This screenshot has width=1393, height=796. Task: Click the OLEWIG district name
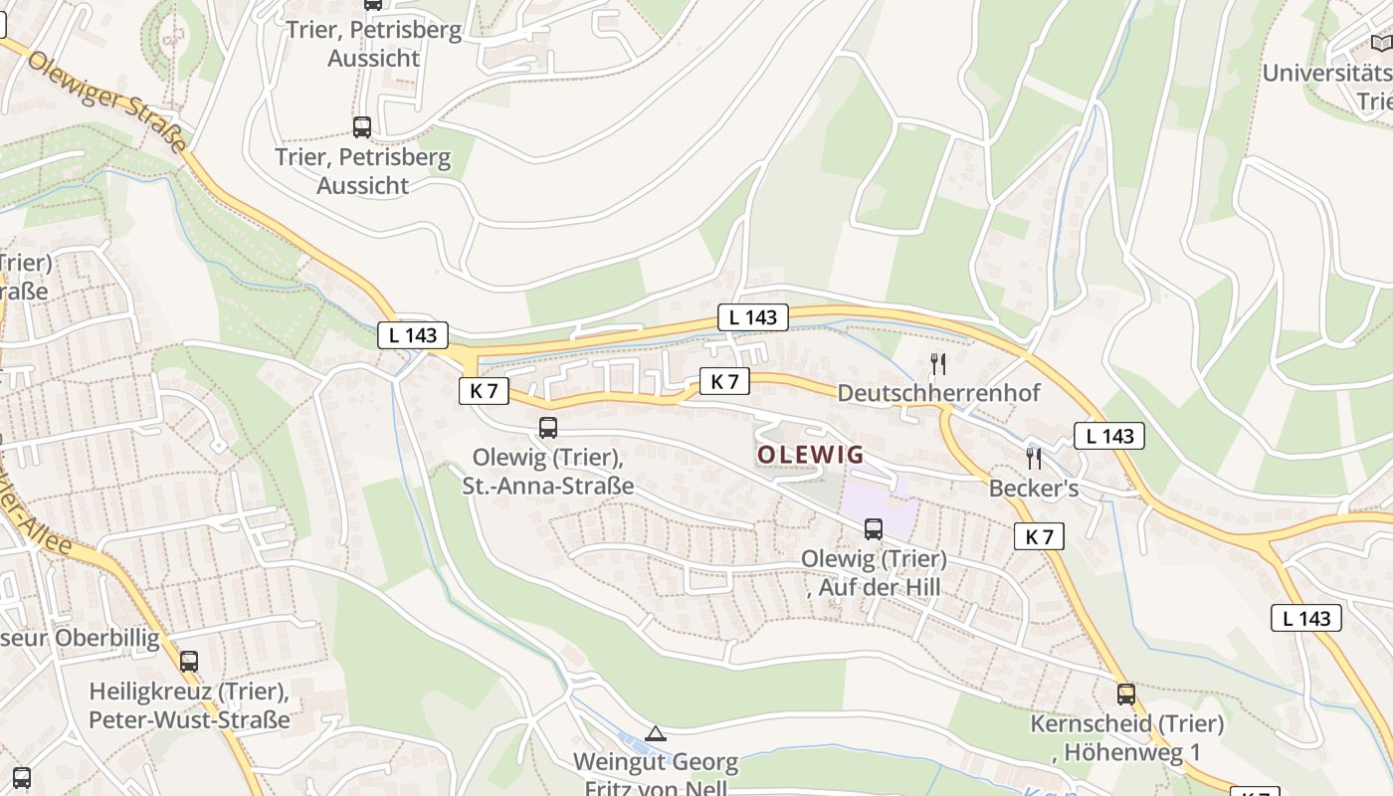810,455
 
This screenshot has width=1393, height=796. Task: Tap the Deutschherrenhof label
938,393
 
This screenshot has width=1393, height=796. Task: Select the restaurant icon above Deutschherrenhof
937,364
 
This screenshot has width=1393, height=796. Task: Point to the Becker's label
1033,489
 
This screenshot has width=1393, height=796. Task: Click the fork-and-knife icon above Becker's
1034,458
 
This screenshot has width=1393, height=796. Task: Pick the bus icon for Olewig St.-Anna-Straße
547,428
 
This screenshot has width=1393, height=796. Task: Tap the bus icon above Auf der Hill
874,529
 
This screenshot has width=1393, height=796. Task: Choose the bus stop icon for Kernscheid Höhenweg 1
1125,694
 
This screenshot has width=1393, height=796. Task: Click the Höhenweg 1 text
1132,752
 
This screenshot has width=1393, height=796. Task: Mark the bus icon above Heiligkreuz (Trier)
189,661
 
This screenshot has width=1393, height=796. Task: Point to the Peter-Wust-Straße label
189,719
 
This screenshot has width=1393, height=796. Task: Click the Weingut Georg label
656,763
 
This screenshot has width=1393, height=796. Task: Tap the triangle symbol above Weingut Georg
655,734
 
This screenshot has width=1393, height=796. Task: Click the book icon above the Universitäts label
1381,43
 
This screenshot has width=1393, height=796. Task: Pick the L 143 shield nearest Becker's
1109,436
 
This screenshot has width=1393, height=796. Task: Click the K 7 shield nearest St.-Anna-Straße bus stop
484,391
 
